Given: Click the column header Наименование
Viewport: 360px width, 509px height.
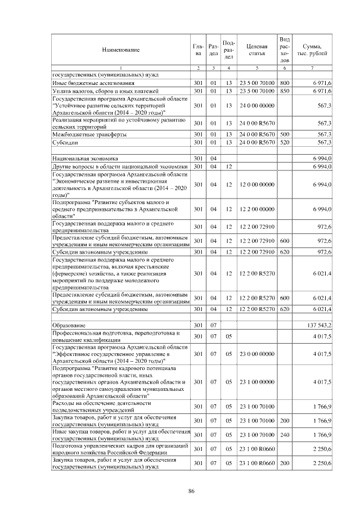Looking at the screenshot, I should click(120, 50).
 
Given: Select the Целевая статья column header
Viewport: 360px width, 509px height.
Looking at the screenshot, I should click(256, 49).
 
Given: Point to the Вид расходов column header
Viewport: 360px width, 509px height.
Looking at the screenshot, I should click(284, 49).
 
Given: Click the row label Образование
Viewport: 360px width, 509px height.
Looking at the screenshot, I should click(69, 326).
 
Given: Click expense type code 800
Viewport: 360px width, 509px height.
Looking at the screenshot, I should click(284, 83).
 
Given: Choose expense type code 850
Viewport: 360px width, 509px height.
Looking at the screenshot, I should click(284, 90).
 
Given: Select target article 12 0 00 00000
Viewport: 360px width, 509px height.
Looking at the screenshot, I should click(256, 184).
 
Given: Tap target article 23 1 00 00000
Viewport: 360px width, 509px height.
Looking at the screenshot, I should click(256, 381).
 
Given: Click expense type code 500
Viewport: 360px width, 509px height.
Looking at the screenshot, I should click(284, 134).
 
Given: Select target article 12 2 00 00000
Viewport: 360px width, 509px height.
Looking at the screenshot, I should click(256, 209).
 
